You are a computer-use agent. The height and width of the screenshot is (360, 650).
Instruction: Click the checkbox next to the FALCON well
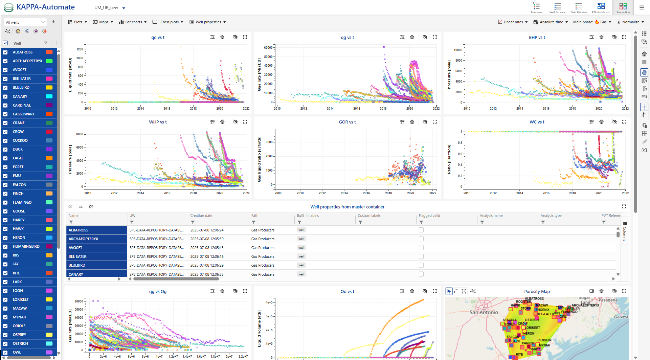pos(5,185)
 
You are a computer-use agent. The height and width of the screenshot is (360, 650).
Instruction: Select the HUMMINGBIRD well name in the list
pos(26,246)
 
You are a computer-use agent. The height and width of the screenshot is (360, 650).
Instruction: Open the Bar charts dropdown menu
pos(133,22)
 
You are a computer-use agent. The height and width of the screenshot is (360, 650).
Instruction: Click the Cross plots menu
pos(168,22)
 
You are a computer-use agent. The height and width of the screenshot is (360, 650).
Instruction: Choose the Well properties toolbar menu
pos(207,22)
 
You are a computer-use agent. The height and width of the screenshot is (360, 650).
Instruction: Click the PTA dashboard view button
pos(601,7)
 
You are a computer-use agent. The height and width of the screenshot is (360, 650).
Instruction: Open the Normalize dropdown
pos(631,22)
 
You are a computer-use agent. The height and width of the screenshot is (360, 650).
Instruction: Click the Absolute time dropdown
pos(551,22)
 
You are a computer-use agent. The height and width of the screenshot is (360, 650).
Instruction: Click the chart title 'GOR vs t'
pos(347,122)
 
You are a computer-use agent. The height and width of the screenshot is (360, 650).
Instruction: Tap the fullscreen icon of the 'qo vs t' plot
pos(245,37)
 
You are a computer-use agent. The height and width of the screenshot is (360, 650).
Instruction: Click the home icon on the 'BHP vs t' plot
pos(601,37)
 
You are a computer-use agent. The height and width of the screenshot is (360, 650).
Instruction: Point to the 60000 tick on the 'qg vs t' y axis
pos(268,48)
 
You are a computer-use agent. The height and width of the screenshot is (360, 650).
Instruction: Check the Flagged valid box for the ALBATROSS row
pos(421,230)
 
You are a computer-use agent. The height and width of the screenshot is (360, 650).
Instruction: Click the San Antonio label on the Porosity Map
pos(484,312)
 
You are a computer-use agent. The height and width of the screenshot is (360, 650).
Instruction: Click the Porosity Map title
pos(537,291)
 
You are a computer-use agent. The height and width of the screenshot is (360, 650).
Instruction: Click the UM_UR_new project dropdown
pos(110,8)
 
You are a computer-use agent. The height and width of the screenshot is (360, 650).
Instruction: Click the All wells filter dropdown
pos(25,22)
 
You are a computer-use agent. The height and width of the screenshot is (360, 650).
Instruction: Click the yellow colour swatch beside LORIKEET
pos(49,299)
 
